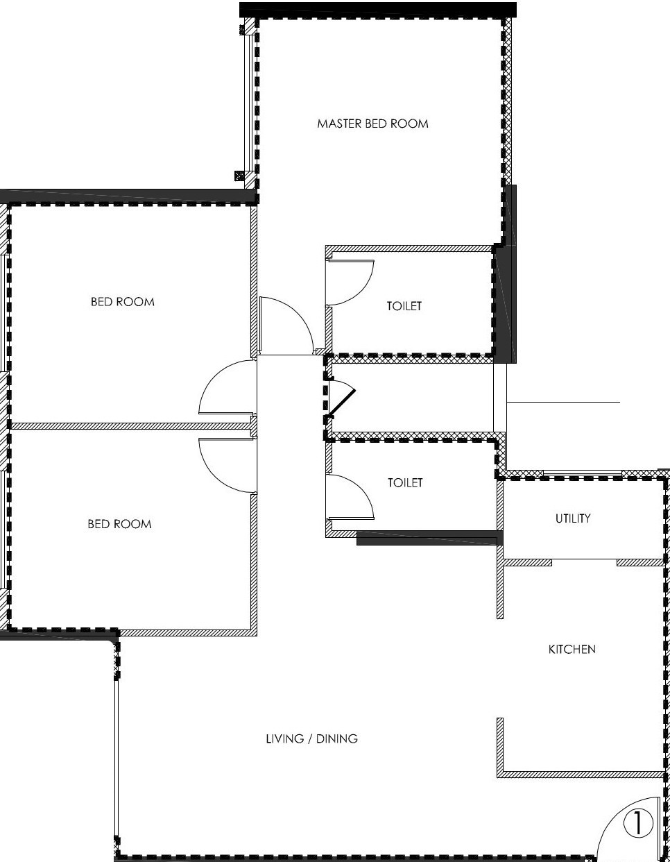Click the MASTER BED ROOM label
[372, 124]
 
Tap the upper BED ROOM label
[122, 302]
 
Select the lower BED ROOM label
[119, 524]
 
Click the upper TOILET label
[404, 306]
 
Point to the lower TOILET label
[405, 483]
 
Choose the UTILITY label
[573, 518]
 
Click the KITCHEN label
[572, 650]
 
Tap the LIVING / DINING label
[311, 738]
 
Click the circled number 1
[638, 824]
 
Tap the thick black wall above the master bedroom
[378, 10]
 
